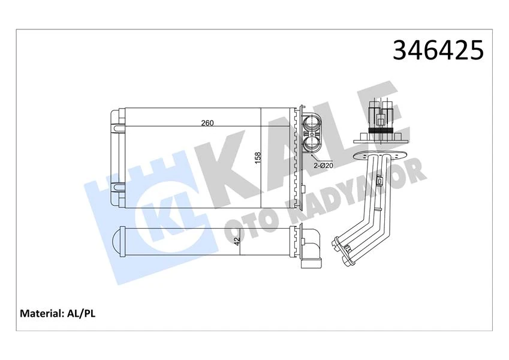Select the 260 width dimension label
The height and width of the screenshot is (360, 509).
pyautogui.click(x=207, y=123)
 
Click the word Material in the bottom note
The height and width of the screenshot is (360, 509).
pyautogui.click(x=42, y=313)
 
